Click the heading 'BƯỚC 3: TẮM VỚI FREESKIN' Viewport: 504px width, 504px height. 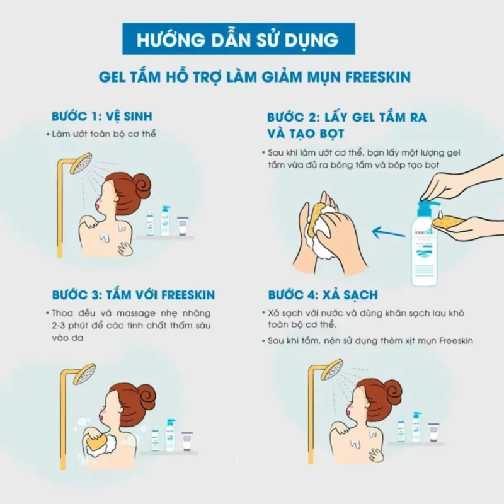(133, 295)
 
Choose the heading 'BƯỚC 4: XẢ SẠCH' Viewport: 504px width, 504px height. (323, 295)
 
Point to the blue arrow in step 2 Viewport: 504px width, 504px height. (387, 232)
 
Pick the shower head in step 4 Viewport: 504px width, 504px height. (332, 369)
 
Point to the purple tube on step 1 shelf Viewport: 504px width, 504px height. (182, 226)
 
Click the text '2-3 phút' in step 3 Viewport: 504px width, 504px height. (69, 326)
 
